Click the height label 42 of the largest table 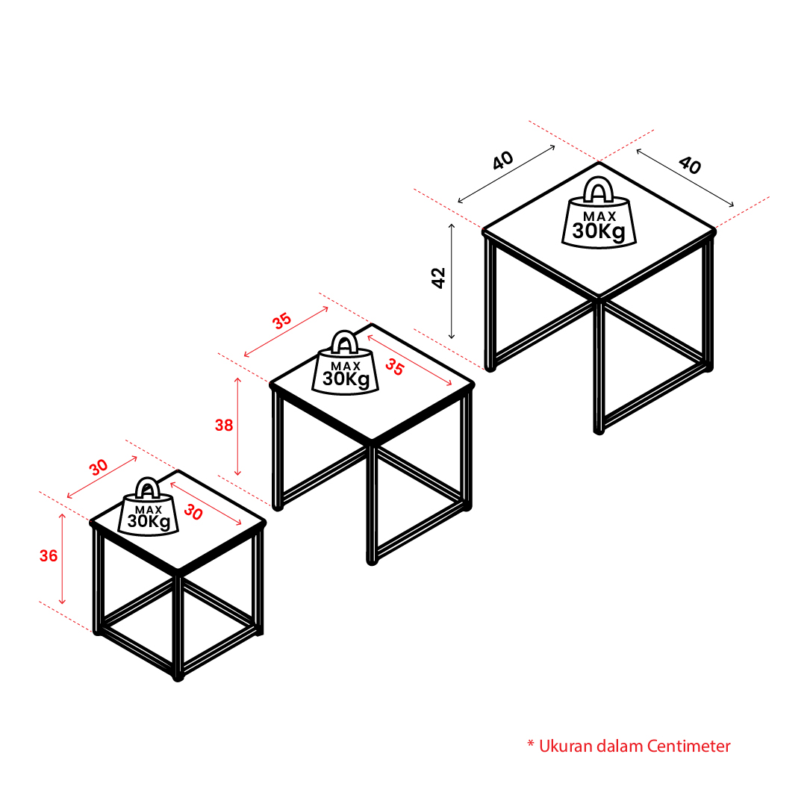[438, 278]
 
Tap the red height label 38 [224, 425]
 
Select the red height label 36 [49, 556]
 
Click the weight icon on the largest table [599, 213]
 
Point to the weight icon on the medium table [345, 363]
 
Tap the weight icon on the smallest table [149, 507]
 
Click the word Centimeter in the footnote [688, 747]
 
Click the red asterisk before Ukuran [531, 744]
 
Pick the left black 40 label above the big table [503, 160]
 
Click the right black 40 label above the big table [690, 165]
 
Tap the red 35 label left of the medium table [281, 321]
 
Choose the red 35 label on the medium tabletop [395, 367]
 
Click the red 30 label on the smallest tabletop [193, 512]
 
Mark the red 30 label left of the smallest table [99, 467]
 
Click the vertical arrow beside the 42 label [452, 281]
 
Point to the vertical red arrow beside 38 [238, 426]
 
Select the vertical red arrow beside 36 [62, 558]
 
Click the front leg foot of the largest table [599, 430]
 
